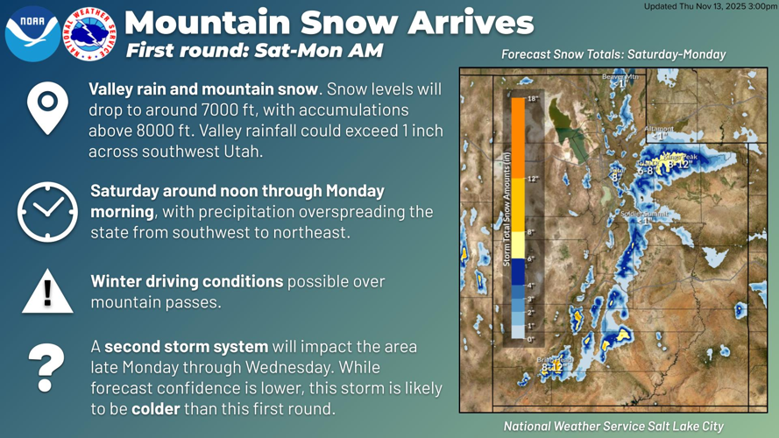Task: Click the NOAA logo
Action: point(32,33)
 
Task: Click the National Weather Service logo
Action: point(89,34)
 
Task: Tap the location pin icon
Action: point(47,107)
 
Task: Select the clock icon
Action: point(47,211)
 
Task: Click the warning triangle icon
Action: point(47,291)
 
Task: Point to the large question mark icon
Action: point(46,367)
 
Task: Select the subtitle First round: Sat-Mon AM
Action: point(254,50)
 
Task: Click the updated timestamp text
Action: point(710,6)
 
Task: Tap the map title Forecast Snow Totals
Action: point(613,54)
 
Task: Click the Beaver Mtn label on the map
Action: point(620,77)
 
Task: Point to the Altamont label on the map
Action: point(659,129)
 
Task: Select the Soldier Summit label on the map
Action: point(643,213)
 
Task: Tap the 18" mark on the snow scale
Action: point(532,100)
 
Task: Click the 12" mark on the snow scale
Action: point(532,179)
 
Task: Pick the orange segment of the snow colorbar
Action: point(517,140)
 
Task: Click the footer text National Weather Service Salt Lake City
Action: point(613,426)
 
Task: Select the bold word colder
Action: point(155,409)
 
